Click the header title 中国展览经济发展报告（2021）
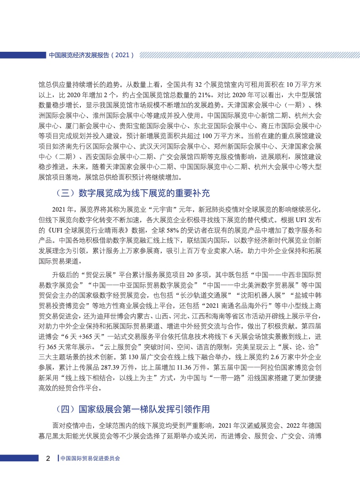tap(91, 55)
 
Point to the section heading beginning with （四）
tap(132, 410)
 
